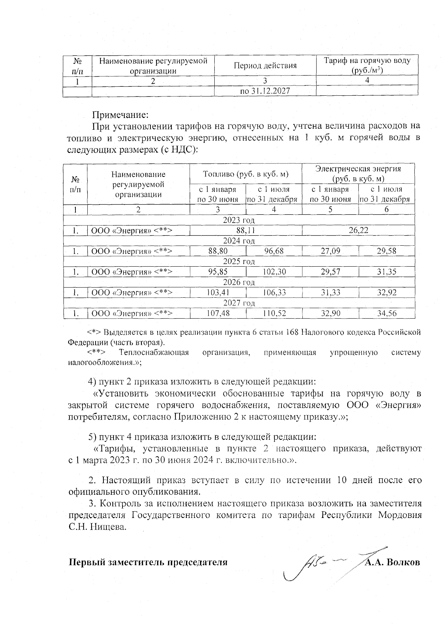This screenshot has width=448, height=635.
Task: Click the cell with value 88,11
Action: (246, 231)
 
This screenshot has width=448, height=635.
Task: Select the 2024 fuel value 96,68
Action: (274, 251)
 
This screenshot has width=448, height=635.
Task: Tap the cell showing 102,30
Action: (274, 272)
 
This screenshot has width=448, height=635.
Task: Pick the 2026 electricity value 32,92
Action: (386, 292)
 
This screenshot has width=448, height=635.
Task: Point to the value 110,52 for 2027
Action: (274, 313)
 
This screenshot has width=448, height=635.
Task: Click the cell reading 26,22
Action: (358, 231)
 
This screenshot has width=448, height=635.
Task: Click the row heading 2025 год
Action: (239, 261)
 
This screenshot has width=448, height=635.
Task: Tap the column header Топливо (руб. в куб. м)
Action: (246, 174)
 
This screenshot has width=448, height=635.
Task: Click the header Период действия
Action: (265, 66)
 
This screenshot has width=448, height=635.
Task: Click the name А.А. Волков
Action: (393, 562)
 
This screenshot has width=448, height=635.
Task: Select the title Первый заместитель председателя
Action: (148, 562)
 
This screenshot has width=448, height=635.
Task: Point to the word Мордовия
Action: (400, 515)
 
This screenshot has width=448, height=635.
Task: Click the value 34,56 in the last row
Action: (386, 313)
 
